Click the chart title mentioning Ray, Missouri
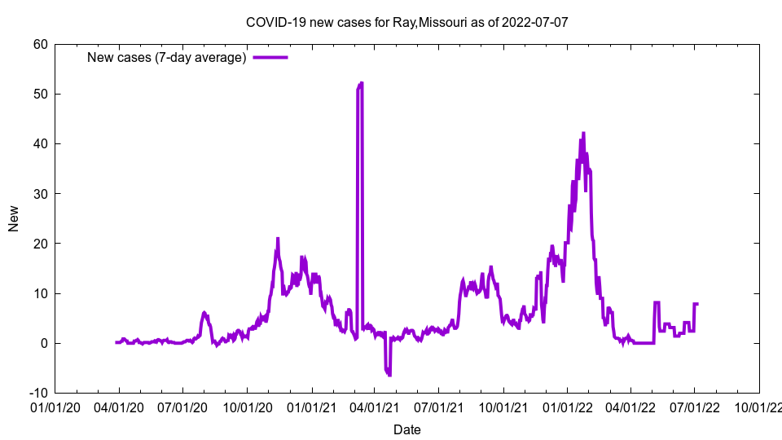point(406,22)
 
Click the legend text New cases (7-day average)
point(166,57)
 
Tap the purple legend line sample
point(270,57)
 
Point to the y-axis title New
point(14,218)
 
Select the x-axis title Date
point(406,429)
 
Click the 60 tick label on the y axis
point(40,44)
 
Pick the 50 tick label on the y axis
point(40,94)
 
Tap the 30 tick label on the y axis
point(40,193)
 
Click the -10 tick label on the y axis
point(37,393)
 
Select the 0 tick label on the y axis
point(43,343)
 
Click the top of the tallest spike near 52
point(360,83)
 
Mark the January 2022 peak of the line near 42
point(583,133)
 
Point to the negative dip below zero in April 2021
point(389,374)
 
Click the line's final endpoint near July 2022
point(697,304)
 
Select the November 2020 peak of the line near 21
point(278,239)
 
